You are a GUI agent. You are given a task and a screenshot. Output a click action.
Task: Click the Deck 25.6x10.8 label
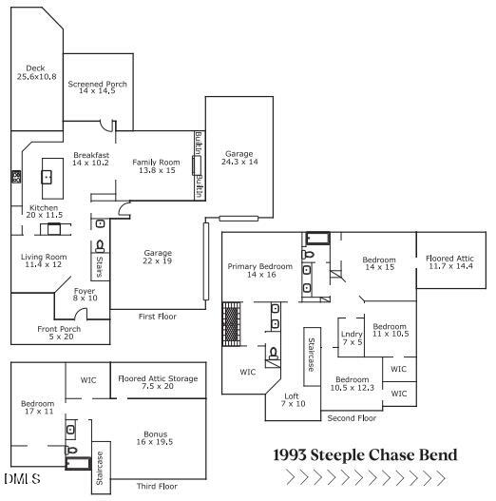tap(36, 72)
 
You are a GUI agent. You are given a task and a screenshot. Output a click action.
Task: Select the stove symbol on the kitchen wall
tap(16, 177)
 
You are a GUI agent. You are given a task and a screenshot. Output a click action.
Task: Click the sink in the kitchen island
tap(47, 177)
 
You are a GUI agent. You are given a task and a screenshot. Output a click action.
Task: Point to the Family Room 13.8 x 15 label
tap(156, 166)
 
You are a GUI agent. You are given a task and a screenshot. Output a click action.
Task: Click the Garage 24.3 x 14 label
tap(239, 158)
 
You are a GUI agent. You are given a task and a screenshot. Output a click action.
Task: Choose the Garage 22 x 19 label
tap(158, 257)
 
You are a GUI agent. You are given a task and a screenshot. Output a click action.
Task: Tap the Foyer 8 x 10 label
tap(85, 295)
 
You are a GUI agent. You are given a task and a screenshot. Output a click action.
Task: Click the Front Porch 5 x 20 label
tap(59, 333)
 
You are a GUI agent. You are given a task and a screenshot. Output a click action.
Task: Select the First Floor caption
tap(158, 317)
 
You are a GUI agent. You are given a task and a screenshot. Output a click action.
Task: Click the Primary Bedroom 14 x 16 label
tap(260, 270)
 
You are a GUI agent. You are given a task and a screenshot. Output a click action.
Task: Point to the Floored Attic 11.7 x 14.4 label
tap(449, 262)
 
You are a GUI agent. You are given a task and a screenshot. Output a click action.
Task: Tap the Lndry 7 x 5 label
tap(352, 338)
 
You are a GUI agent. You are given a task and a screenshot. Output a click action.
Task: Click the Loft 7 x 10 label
tap(293, 400)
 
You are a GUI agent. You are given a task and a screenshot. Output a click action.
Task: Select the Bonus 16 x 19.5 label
tap(155, 438)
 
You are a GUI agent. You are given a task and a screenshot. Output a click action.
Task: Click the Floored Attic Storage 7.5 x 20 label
tap(158, 382)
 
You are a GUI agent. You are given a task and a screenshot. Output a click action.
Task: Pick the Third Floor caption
tap(157, 487)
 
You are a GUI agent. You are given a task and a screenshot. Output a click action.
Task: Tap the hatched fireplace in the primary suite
tap(231, 324)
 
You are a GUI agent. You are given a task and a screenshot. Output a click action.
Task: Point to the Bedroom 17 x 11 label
tap(38, 408)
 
